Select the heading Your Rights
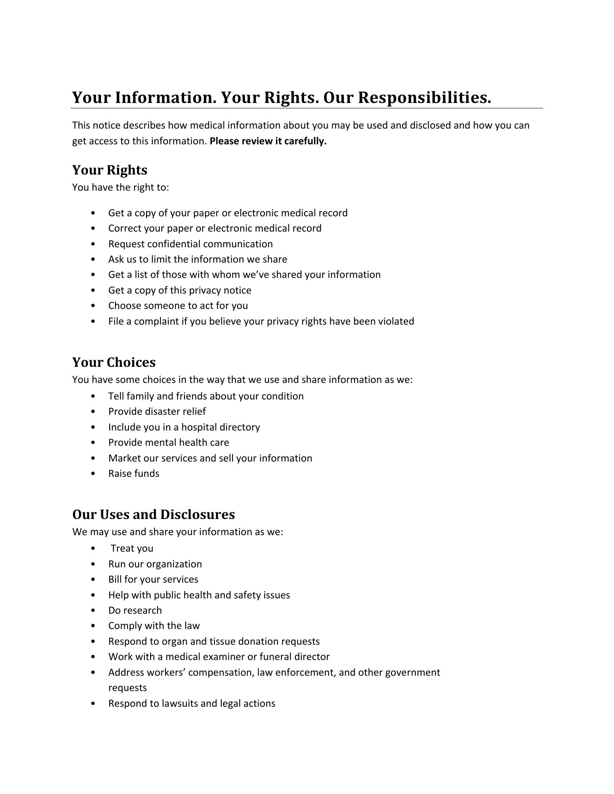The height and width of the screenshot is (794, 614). coord(110,170)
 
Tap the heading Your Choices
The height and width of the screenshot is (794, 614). coord(114,362)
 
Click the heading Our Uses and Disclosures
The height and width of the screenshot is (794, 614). coord(153,514)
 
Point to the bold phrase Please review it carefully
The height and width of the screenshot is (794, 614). coord(268,141)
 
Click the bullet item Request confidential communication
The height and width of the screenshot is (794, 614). coord(190,244)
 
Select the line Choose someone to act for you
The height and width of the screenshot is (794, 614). coord(178,306)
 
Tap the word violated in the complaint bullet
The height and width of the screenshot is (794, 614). coord(396,321)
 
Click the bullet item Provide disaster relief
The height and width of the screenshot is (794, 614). coord(157,411)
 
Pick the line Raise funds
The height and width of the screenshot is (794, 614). coord(134,474)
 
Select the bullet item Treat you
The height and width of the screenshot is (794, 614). coord(132,548)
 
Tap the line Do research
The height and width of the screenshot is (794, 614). coord(135,610)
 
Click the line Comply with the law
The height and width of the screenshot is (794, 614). coord(154,626)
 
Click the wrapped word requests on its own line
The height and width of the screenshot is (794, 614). coord(127,688)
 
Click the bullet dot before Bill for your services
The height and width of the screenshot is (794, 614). coord(92,579)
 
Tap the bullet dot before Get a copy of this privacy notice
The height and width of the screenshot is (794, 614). coord(92,290)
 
